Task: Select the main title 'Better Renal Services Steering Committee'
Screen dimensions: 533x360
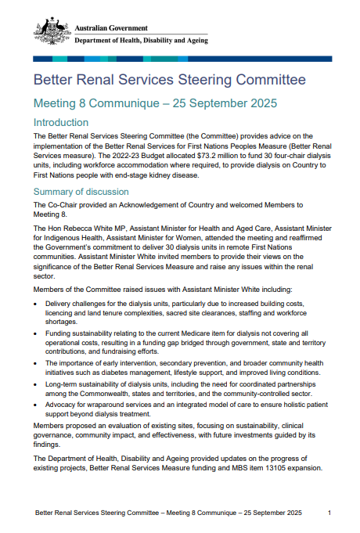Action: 169,80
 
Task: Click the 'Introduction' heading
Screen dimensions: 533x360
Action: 60,122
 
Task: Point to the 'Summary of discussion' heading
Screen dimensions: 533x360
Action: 81,192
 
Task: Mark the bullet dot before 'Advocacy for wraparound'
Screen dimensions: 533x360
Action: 38,405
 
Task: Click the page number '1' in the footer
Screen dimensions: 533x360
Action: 329,513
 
